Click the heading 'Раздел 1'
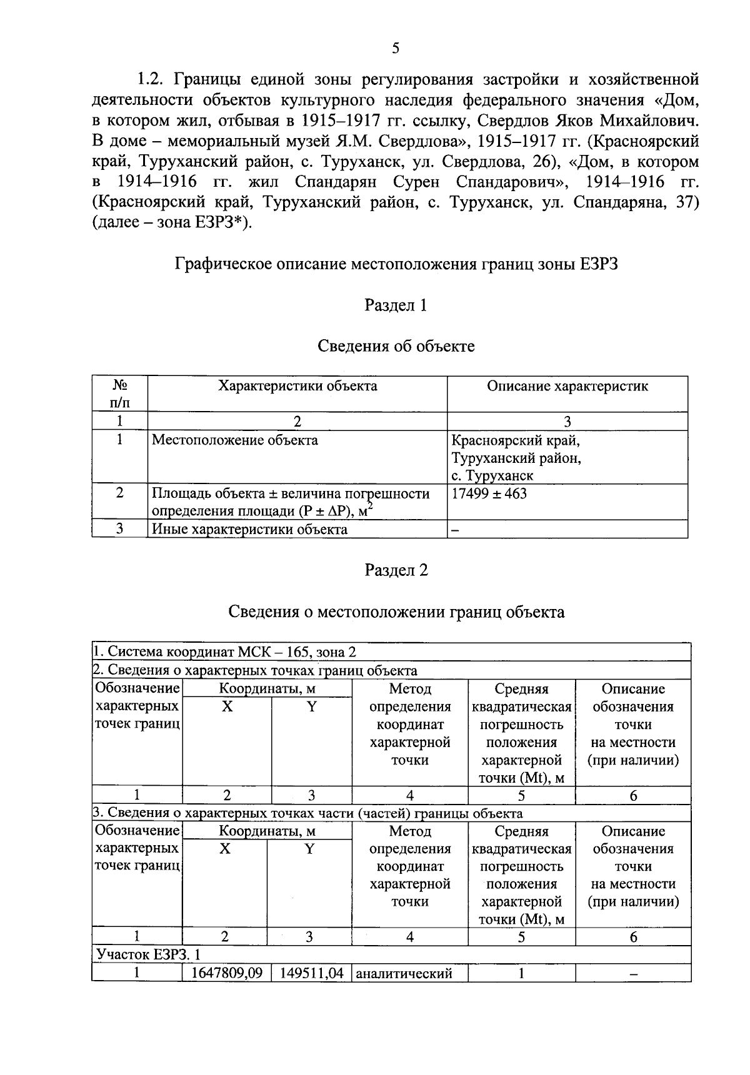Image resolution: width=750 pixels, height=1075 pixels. tap(396, 305)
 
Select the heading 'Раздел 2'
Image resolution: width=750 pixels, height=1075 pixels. tap(396, 570)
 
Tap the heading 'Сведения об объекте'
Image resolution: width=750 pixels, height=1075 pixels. tap(396, 346)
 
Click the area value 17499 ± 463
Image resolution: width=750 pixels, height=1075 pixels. tap(489, 494)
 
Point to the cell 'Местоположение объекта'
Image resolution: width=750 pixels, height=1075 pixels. tap(235, 440)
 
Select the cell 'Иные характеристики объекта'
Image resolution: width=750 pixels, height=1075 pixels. tap(250, 530)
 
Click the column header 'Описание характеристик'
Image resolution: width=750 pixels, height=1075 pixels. tap(567, 386)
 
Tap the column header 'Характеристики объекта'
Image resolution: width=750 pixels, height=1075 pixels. tap(297, 386)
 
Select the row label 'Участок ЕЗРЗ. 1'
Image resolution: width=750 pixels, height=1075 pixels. tap(148, 954)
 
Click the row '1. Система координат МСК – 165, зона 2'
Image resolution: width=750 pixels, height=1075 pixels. tap(225, 652)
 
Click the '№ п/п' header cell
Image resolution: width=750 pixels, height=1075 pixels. tap(119, 394)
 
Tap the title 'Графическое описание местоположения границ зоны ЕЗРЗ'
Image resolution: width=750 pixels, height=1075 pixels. tap(396, 264)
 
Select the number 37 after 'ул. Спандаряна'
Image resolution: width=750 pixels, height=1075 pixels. tap(685, 203)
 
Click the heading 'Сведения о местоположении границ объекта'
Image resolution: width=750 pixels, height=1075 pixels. tap(396, 612)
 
